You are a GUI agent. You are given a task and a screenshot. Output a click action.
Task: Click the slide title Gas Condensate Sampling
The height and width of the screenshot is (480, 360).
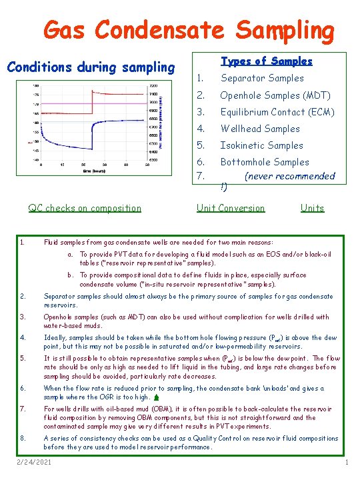pyautogui.click(x=188, y=29)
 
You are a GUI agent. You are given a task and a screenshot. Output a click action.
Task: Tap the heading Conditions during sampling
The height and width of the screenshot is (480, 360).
pyautogui.click(x=90, y=67)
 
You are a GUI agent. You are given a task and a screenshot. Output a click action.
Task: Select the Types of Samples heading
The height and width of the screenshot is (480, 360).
pyautogui.click(x=266, y=61)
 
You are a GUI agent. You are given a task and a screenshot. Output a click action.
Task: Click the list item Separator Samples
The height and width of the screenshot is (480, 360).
pyautogui.click(x=261, y=78)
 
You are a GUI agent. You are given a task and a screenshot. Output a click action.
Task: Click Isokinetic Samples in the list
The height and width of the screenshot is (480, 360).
pyautogui.click(x=261, y=145)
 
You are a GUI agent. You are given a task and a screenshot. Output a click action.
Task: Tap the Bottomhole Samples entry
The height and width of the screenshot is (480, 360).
pyautogui.click(x=265, y=162)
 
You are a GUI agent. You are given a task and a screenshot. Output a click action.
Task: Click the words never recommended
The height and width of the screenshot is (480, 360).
pyautogui.click(x=289, y=176)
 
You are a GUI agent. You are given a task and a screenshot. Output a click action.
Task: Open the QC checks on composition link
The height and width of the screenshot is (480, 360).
pyautogui.click(x=85, y=208)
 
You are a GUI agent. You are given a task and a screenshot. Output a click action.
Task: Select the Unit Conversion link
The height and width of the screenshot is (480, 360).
pyautogui.click(x=231, y=208)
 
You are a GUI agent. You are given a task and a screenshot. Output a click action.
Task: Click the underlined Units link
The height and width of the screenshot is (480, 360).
pyautogui.click(x=312, y=208)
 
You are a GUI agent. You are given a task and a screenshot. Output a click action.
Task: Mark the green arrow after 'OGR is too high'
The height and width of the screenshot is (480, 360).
pyautogui.click(x=155, y=398)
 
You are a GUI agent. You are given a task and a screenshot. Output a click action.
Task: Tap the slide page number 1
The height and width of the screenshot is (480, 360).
pyautogui.click(x=347, y=462)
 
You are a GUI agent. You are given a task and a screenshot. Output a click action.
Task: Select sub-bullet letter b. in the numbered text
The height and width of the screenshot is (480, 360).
pyautogui.click(x=70, y=275)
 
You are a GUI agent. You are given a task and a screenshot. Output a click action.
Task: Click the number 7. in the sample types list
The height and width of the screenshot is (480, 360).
pyautogui.click(x=200, y=175)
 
